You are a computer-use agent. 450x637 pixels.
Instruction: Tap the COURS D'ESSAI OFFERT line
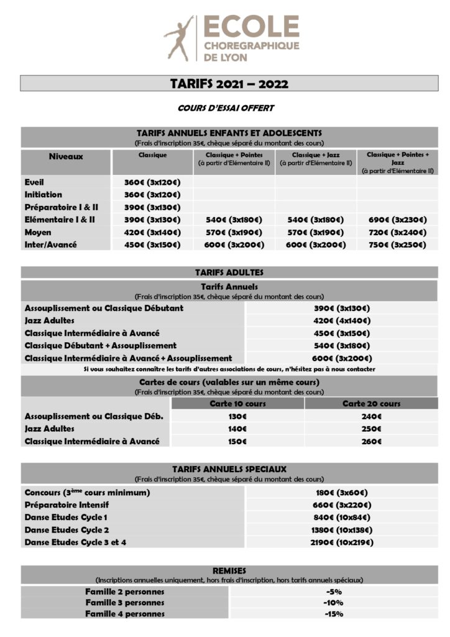click(226, 108)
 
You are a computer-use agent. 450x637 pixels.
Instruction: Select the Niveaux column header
click(66, 157)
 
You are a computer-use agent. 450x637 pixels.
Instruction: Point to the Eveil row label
click(35, 182)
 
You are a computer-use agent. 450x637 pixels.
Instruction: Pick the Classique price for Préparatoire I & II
click(152, 207)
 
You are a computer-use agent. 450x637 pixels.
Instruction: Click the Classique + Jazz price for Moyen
click(316, 232)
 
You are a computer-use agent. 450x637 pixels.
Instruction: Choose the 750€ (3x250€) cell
click(398, 244)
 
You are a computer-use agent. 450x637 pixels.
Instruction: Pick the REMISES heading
click(229, 570)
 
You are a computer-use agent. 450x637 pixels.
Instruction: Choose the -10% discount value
click(333, 602)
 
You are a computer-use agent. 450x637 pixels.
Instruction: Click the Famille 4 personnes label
click(125, 614)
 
